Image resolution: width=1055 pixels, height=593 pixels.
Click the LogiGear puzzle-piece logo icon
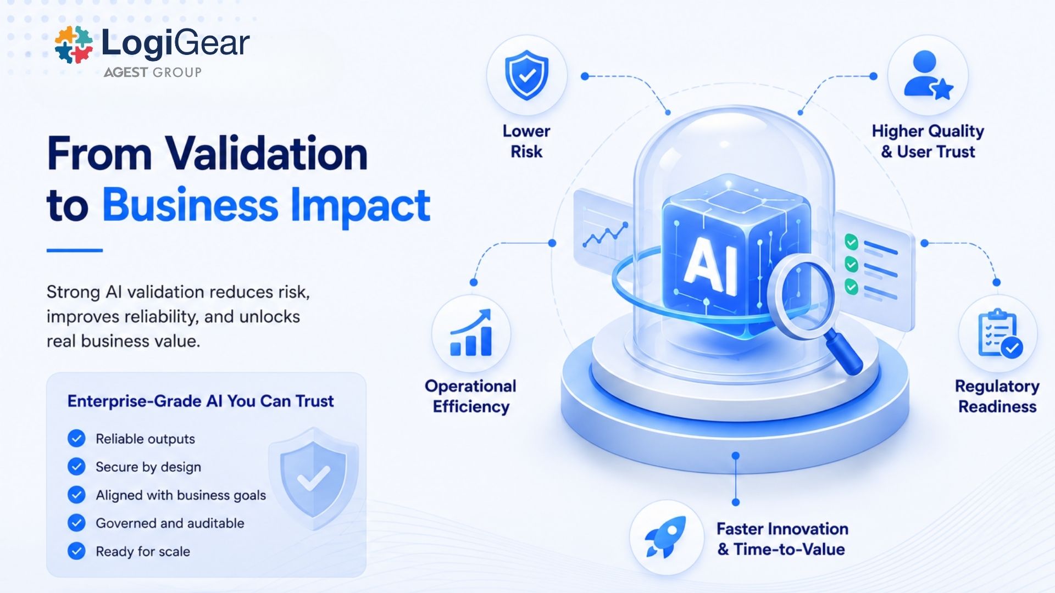74,44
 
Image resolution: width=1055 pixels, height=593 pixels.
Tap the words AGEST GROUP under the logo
153,72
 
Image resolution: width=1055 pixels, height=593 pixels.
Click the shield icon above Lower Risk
526,75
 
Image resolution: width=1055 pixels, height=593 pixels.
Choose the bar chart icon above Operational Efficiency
471,333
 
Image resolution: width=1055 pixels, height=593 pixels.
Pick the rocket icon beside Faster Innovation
666,536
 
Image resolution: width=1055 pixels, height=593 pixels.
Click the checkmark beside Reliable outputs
76,439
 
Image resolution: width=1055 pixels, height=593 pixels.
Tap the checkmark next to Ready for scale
76,551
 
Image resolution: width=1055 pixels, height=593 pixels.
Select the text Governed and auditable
170,523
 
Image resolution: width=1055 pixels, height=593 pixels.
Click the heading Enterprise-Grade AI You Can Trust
201,401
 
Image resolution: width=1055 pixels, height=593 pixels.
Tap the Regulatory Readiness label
997,396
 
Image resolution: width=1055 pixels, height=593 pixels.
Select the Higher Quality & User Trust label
928,141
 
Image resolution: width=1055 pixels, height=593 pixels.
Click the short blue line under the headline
75,250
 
